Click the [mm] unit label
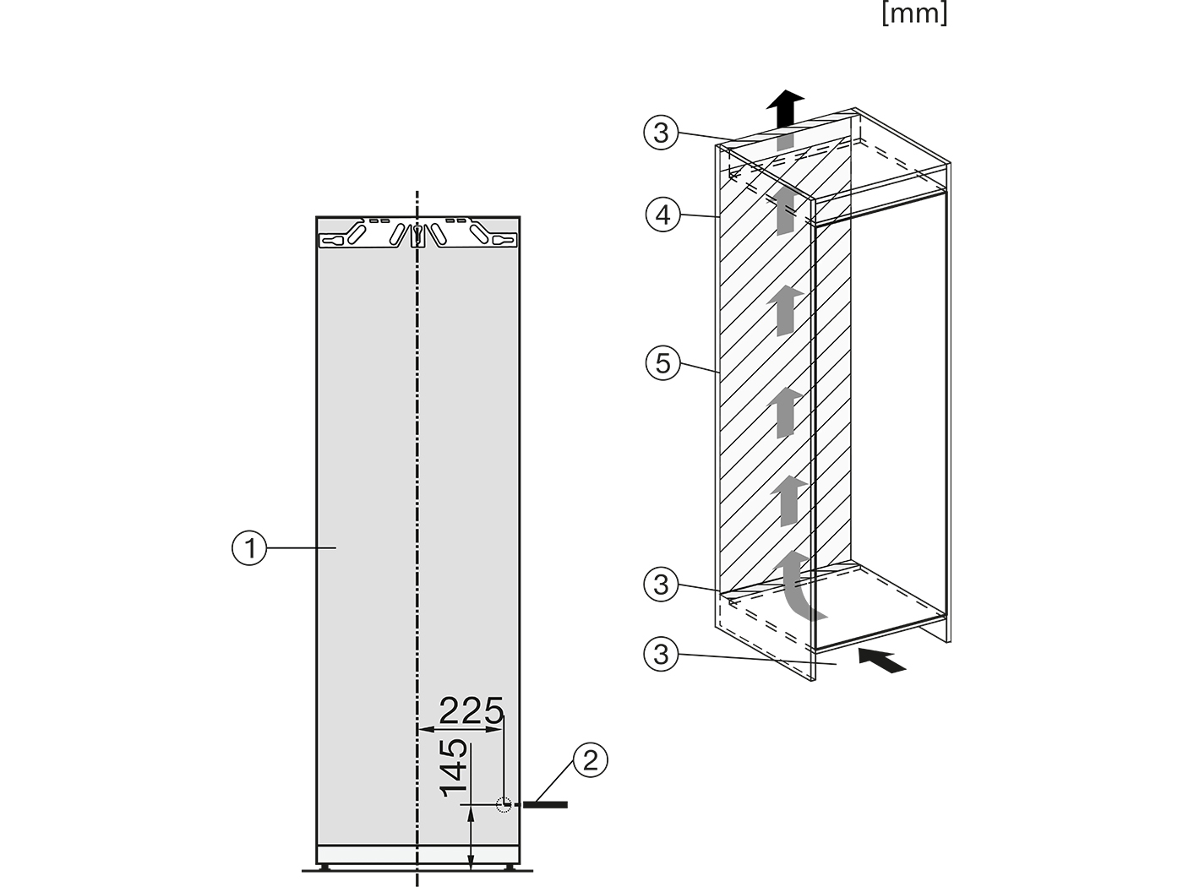pyautogui.click(x=914, y=13)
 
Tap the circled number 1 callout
pyautogui.click(x=249, y=548)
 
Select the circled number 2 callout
pyautogui.click(x=590, y=761)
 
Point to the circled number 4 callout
pyautogui.click(x=662, y=215)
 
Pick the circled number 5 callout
pyautogui.click(x=662, y=363)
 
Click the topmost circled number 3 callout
pyautogui.click(x=661, y=133)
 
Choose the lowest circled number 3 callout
pyautogui.click(x=661, y=655)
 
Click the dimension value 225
pyautogui.click(x=472, y=711)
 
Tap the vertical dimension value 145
pyautogui.click(x=454, y=768)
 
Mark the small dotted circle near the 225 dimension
pyautogui.click(x=504, y=804)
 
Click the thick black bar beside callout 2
pyautogui.click(x=545, y=804)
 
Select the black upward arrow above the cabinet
pyautogui.click(x=785, y=109)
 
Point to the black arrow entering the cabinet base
pyautogui.click(x=881, y=661)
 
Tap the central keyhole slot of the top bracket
pyautogui.click(x=417, y=236)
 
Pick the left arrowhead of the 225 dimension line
pyautogui.click(x=427, y=730)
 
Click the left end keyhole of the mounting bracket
pyautogui.click(x=333, y=241)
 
